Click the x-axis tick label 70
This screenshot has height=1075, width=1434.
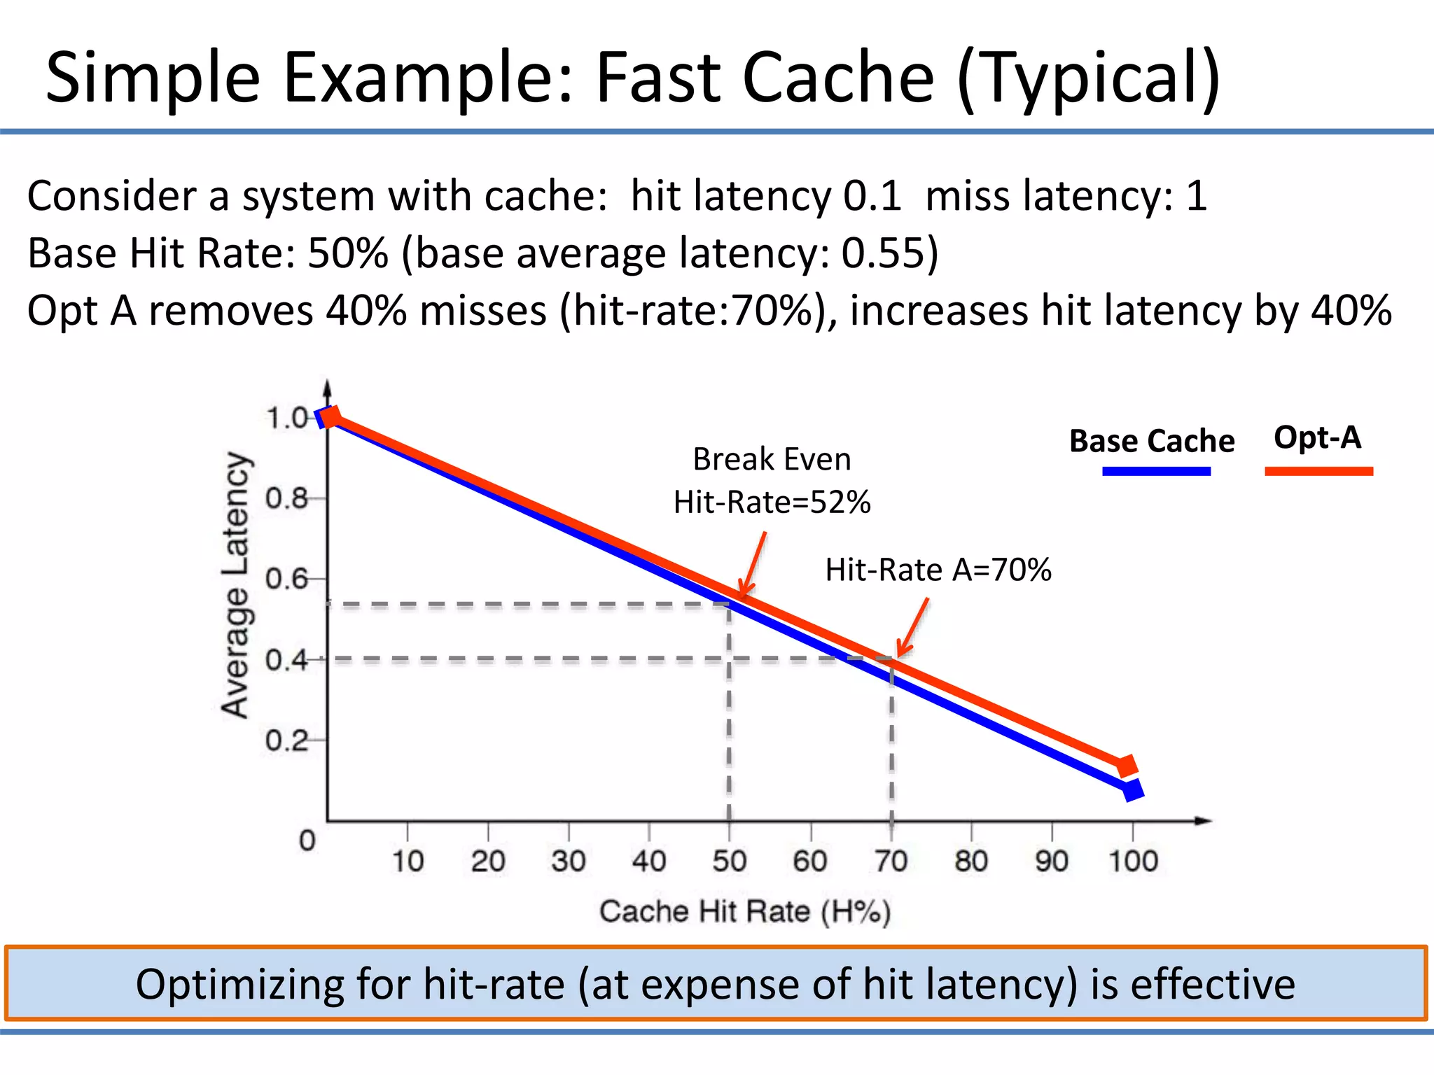click(891, 861)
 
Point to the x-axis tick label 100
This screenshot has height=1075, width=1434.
click(1133, 861)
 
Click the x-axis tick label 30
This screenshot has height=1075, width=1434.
click(568, 861)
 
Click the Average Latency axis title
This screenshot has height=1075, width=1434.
click(236, 585)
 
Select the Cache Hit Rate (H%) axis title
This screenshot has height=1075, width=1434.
click(745, 911)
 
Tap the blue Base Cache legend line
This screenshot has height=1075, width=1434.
click(1156, 471)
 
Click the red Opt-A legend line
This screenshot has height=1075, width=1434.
click(1318, 471)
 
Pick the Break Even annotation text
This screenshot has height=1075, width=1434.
click(772, 460)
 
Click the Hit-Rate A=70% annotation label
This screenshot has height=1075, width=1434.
click(938, 570)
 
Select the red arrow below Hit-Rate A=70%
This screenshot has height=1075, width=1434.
click(913, 627)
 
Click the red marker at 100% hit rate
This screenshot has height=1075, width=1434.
click(1127, 766)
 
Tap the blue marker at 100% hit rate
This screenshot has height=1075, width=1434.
click(1132, 791)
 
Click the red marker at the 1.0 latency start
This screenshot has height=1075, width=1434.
click(330, 417)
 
